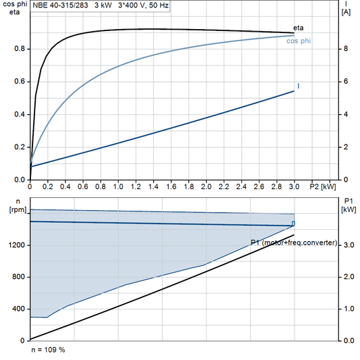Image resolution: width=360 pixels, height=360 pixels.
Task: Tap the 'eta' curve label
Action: (298, 28)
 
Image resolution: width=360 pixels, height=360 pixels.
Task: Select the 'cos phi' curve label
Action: (299, 41)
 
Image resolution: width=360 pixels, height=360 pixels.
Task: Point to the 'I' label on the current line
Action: (299, 86)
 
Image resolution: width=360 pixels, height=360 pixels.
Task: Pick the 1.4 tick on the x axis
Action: (153, 186)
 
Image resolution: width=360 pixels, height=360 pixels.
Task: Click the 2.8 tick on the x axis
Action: (276, 186)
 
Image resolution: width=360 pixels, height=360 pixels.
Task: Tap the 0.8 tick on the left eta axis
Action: (19, 49)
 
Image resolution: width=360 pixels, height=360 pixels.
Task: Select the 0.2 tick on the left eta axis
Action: (19, 147)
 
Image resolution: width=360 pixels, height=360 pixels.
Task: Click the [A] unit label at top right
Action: (346, 12)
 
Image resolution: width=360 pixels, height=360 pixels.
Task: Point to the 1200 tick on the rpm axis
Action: (16, 245)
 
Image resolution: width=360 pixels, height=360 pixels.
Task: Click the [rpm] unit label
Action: (14, 209)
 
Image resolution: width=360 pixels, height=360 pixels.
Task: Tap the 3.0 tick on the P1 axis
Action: (348, 245)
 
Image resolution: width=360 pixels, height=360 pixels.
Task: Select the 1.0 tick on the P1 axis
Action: (348, 309)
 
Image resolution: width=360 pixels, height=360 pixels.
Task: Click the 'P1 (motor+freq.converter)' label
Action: (293, 242)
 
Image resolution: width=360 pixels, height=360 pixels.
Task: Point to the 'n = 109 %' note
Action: (48, 351)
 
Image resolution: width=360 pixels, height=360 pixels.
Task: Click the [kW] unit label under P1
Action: (349, 209)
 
